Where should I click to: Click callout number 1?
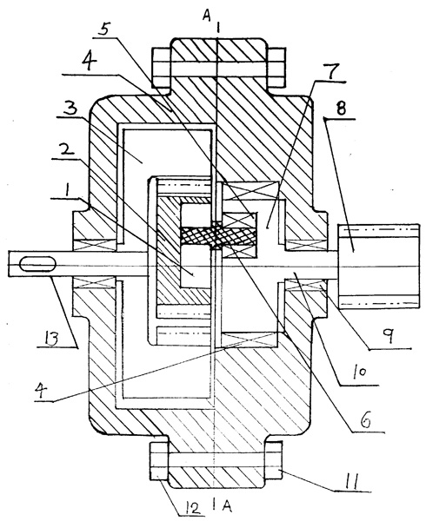click(x=67, y=191)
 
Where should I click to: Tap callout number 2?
click(x=65, y=150)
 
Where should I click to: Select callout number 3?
click(x=70, y=108)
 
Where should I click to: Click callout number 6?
click(x=367, y=421)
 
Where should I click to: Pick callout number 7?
click(x=331, y=71)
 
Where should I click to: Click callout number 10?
click(x=358, y=373)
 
